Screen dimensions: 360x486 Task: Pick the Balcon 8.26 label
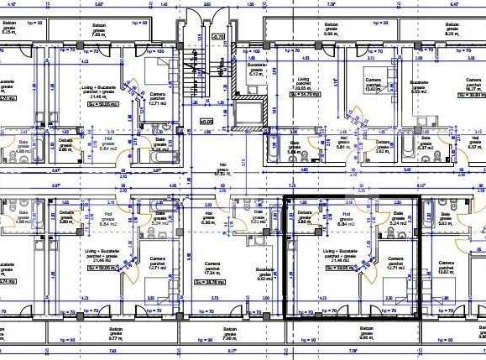coord(452,31)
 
